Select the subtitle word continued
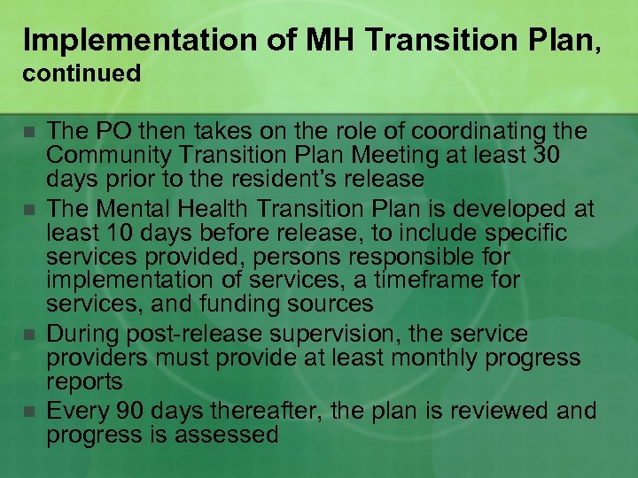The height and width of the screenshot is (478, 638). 82,73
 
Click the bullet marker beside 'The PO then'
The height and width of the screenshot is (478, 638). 29,132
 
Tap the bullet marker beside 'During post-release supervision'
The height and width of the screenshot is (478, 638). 29,335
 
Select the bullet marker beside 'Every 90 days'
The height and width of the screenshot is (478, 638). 29,412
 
